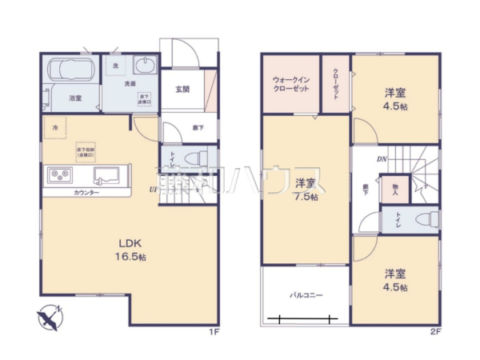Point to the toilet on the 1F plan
point(198,156)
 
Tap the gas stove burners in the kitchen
point(59,174)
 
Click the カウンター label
point(86,194)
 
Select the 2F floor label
point(435,330)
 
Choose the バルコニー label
point(306,295)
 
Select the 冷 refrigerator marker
point(55,127)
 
